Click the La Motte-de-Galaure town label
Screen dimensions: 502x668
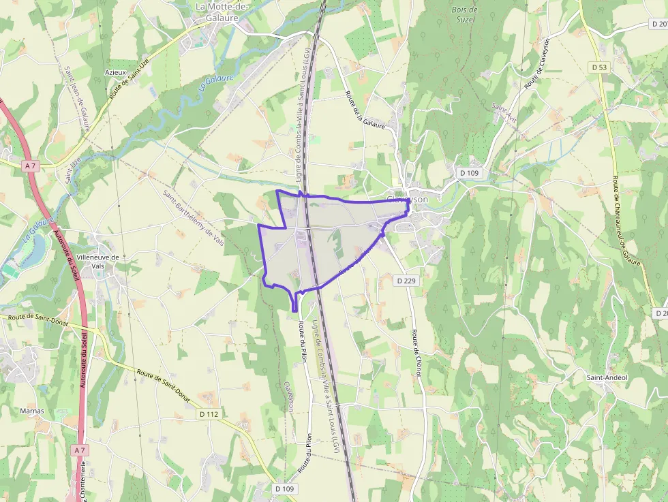click(222, 12)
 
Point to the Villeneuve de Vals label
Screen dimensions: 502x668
click(98, 262)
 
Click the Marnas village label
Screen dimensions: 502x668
click(32, 411)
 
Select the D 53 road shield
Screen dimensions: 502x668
click(599, 67)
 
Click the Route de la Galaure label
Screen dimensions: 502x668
click(365, 110)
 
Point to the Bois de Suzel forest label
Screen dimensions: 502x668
click(465, 15)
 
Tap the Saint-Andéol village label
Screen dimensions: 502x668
click(607, 377)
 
